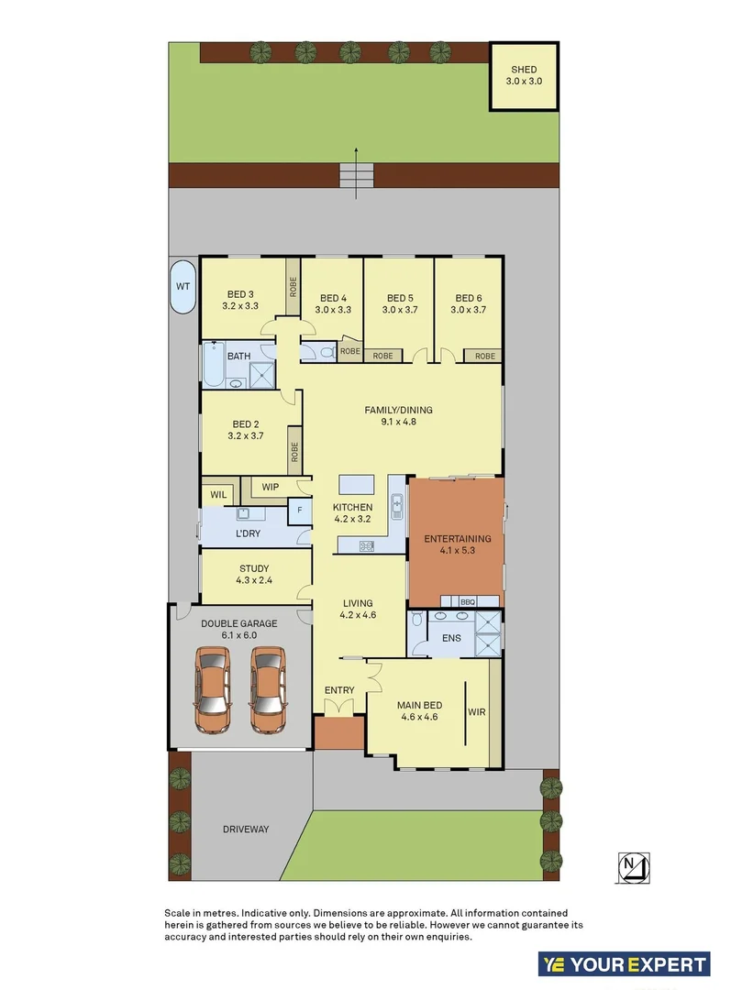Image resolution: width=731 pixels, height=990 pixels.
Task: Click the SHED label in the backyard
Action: click(x=524, y=70)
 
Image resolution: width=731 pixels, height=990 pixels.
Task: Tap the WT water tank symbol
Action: click(x=183, y=286)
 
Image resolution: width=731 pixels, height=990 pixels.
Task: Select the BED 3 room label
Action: click(x=240, y=295)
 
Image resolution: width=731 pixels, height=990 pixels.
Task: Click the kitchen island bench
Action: click(x=358, y=484)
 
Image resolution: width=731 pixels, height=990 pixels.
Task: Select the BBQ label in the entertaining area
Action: click(x=467, y=601)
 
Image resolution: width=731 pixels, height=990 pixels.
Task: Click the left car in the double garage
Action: click(x=212, y=690)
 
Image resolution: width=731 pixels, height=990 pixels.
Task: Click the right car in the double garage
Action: click(x=268, y=690)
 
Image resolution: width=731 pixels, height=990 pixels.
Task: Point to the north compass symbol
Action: click(x=633, y=864)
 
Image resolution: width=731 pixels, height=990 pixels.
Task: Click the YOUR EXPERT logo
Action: click(x=624, y=963)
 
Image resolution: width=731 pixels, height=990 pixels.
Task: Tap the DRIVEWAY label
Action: click(x=246, y=829)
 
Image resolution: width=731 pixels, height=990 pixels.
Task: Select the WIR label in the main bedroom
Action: click(x=477, y=710)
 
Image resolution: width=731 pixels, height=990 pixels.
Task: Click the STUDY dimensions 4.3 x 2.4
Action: click(x=254, y=581)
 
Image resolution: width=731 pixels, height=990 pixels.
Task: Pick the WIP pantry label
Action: click(x=270, y=486)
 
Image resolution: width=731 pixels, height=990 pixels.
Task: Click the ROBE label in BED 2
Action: click(x=294, y=451)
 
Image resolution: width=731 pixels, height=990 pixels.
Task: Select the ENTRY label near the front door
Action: click(x=338, y=690)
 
